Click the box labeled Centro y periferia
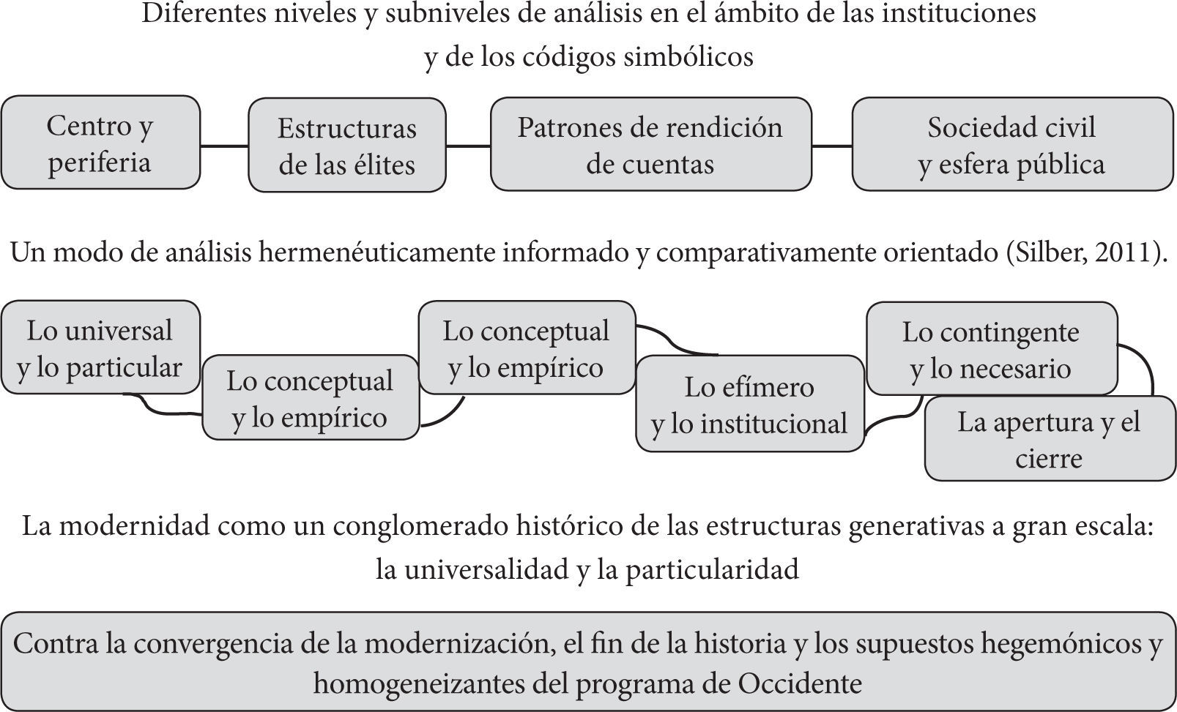tap(100, 143)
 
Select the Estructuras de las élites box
tap(346, 146)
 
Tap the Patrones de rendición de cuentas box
tap(650, 145)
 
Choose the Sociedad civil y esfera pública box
tap(1012, 145)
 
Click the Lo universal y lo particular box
tap(100, 348)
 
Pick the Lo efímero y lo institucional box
tap(749, 405)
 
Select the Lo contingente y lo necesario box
tap(991, 349)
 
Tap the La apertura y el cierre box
tap(1049, 439)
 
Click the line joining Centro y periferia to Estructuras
tap(224, 146)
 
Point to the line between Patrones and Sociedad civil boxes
tap(831, 146)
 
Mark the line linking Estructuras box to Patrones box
tap(468, 146)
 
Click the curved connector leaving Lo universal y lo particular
tap(157, 408)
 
